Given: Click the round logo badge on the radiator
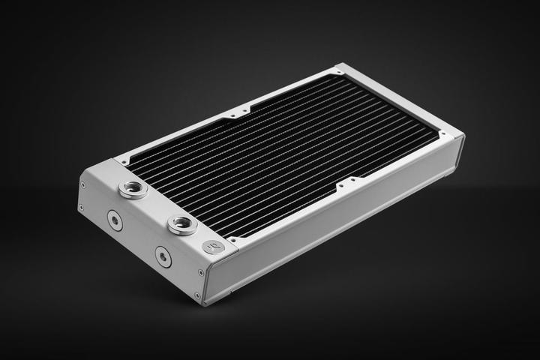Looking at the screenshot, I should (x=214, y=247).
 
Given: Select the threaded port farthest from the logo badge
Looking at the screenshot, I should (x=133, y=188).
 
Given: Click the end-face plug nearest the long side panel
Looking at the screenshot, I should (x=163, y=257).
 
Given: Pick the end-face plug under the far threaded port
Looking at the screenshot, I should (x=114, y=220).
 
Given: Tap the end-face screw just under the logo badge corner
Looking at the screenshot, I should (x=200, y=272).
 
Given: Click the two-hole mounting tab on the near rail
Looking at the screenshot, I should (x=347, y=182).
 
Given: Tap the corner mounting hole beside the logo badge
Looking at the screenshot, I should (x=233, y=241).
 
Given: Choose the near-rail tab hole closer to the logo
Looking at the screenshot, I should (x=340, y=184).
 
